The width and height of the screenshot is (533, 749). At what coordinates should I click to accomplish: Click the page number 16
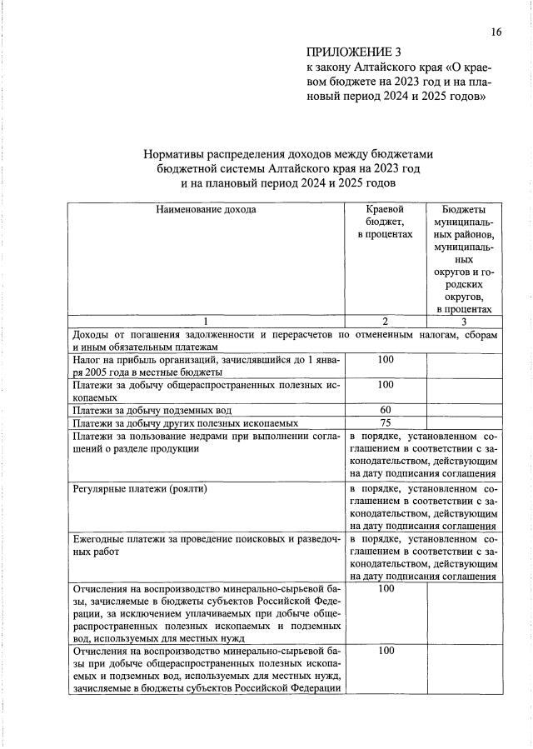496,32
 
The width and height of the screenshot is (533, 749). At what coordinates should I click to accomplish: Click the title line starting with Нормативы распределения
289,153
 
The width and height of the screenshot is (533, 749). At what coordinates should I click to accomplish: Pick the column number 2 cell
385,322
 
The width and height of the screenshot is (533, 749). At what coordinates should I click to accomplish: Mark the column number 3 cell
464,322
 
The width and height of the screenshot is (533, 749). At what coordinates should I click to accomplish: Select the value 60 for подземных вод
385,410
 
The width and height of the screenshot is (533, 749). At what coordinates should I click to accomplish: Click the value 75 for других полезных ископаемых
385,423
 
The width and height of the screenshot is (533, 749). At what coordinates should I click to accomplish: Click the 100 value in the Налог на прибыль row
385,359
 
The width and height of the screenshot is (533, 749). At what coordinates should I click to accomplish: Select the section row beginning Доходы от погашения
286,340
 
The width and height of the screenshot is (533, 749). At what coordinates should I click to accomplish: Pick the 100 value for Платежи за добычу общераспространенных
385,385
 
